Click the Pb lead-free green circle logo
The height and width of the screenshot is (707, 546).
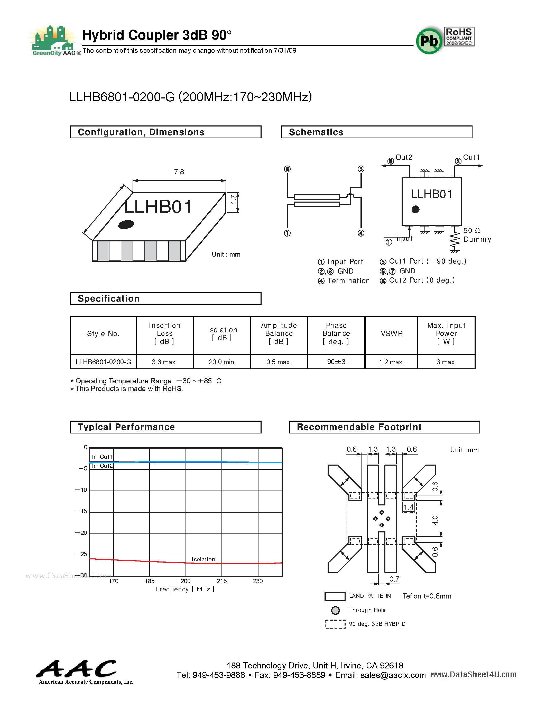429,41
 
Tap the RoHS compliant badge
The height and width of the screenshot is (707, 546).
459,37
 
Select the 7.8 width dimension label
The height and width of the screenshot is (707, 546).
179,172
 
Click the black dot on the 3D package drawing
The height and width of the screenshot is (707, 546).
126,224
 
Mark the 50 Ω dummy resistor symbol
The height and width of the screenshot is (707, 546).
455,240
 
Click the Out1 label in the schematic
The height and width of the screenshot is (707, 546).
471,157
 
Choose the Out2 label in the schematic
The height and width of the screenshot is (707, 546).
404,157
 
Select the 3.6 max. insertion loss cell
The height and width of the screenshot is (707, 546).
165,362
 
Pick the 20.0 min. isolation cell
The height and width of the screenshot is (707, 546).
222,362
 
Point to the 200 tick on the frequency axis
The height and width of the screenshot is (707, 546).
186,581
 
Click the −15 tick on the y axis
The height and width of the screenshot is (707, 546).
81,511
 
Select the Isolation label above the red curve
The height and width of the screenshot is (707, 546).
203,559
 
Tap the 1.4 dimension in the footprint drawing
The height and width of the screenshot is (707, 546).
409,507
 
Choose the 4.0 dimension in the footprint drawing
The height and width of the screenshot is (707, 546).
435,520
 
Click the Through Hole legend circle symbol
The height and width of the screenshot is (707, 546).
335,611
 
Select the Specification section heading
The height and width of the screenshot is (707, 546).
109,298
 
